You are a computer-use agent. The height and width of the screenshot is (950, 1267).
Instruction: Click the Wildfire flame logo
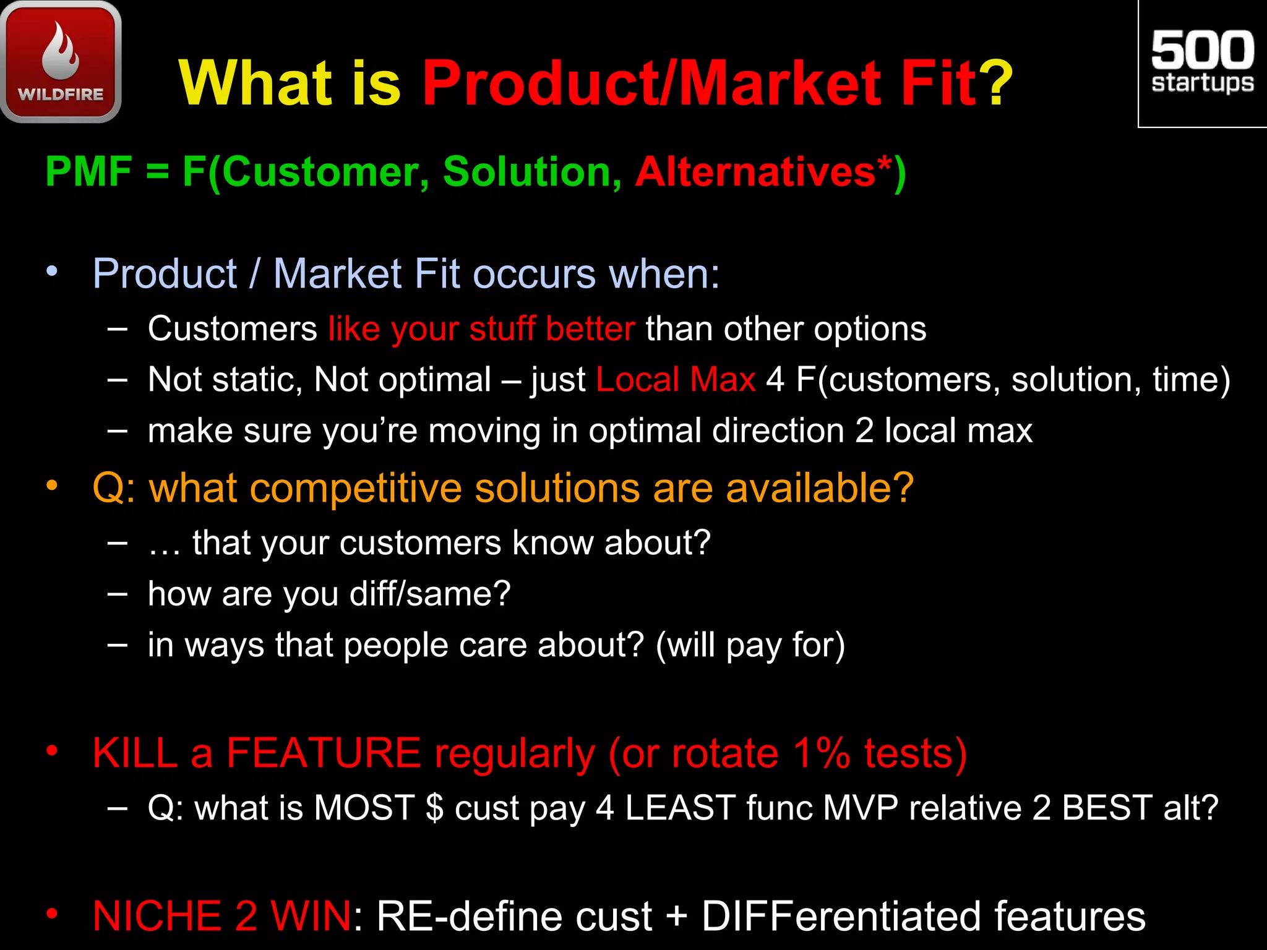point(61,61)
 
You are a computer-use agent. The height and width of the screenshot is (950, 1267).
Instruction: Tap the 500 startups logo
point(1202,62)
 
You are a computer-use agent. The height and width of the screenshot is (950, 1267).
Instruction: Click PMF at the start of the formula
point(88,171)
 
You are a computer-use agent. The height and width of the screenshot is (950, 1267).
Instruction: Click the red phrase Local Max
point(676,379)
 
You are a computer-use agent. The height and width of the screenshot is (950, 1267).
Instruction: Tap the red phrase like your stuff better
point(481,328)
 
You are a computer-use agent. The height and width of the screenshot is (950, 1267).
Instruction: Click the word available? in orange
point(819,488)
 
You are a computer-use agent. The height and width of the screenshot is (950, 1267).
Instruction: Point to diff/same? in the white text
point(430,594)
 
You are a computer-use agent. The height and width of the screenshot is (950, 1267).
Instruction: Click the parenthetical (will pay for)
point(750,645)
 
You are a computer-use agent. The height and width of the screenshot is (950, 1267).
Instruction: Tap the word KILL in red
point(135,753)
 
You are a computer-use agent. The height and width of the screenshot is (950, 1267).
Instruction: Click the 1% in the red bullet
point(822,753)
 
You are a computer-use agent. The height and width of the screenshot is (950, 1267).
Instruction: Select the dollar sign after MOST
point(435,808)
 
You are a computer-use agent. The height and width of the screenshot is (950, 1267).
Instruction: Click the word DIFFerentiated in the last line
point(841,916)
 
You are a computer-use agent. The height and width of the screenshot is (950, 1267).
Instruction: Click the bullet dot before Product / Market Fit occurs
point(52,271)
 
